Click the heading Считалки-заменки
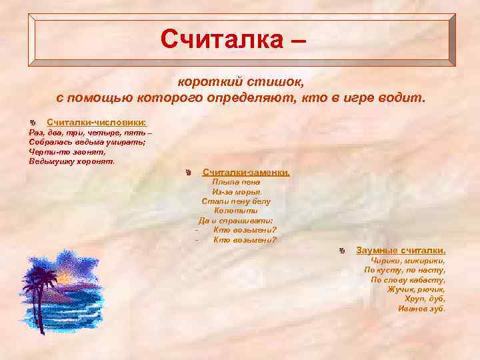pos(246,172)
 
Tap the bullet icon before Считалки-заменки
pos(189,173)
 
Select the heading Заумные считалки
pos(401,249)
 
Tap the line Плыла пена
pos(235,181)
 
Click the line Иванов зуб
pos(421,309)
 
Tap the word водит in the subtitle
pos(402,99)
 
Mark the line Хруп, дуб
pos(425,299)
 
